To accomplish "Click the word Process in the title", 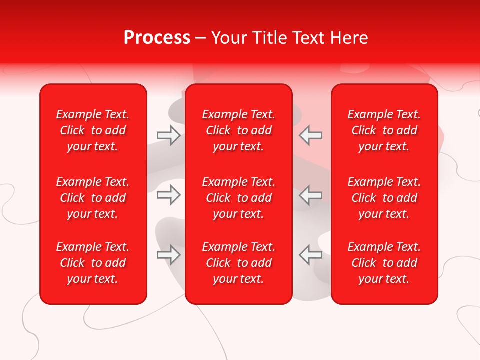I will [157, 38].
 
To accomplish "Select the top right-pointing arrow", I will [168, 135].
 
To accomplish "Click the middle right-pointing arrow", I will [168, 195].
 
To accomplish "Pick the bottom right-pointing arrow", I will [168, 254].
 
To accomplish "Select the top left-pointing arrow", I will [311, 135].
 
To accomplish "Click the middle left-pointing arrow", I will [311, 195].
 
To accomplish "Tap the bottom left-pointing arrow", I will [311, 254].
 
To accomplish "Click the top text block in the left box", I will [93, 130].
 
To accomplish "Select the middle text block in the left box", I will [93, 198].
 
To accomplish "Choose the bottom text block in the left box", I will [93, 263].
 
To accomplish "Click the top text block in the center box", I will [238, 130].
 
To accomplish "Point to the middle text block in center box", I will [238, 198].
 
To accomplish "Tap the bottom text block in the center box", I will [238, 263].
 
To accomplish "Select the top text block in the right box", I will [384, 130].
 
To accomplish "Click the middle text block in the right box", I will [384, 198].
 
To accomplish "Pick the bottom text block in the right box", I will [384, 263].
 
